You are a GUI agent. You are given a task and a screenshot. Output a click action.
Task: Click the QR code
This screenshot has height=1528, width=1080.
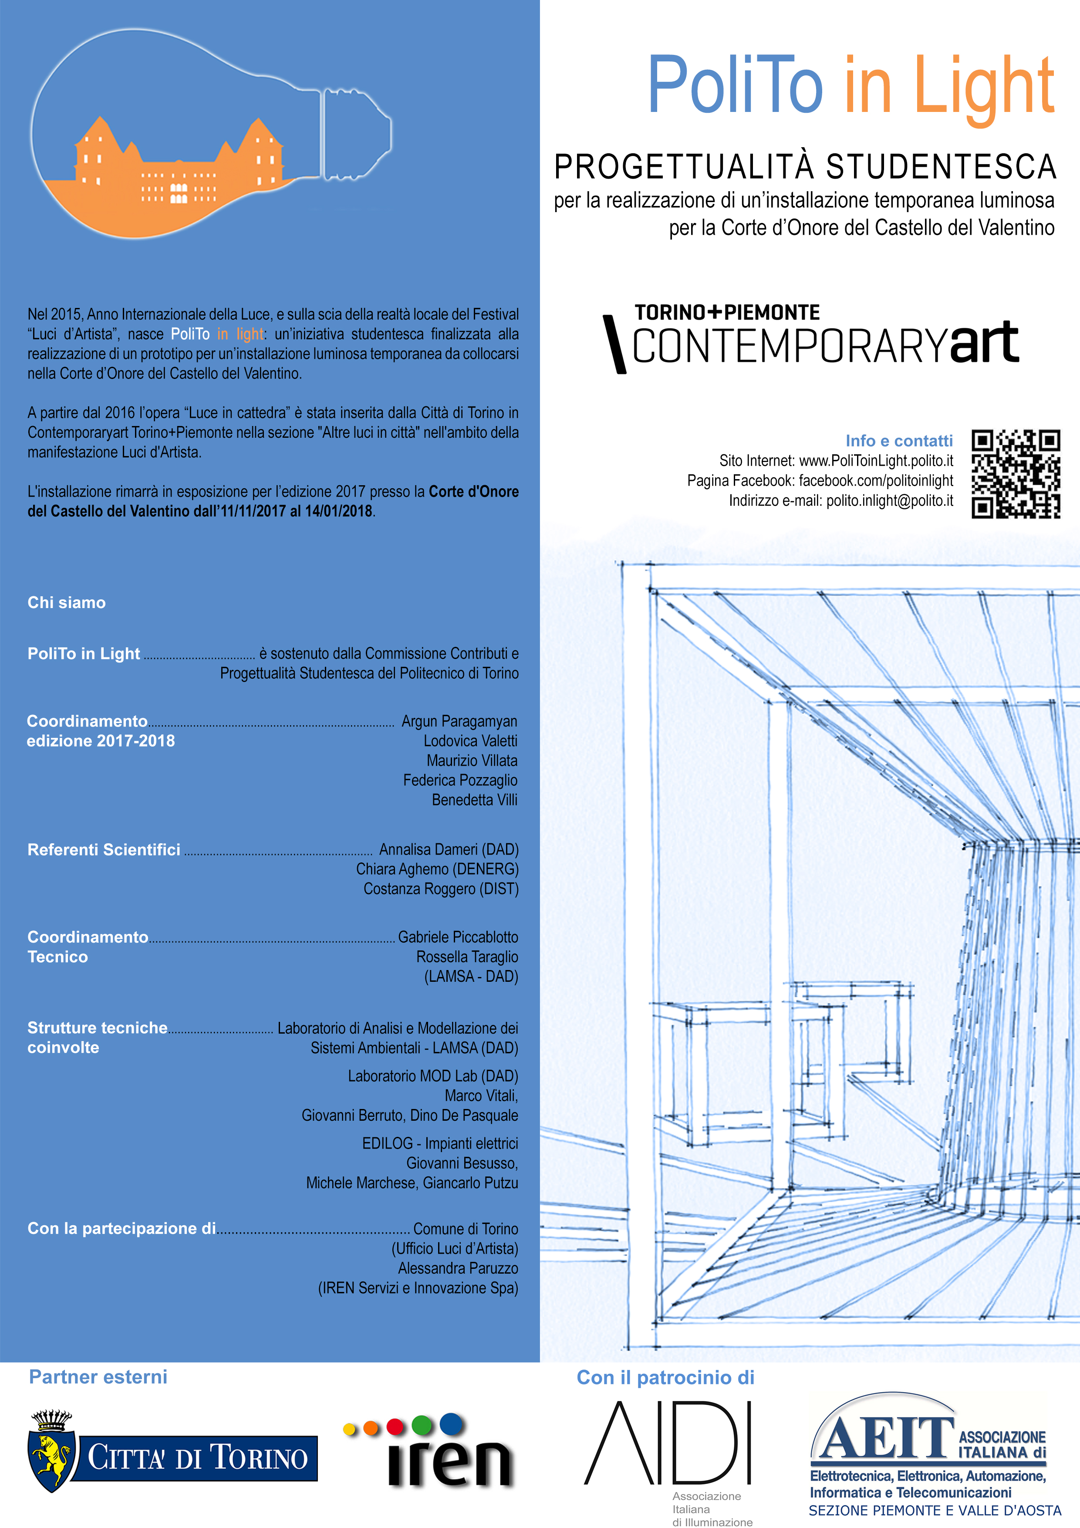(x=1016, y=474)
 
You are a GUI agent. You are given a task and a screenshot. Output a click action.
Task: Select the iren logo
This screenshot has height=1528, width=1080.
(x=430, y=1451)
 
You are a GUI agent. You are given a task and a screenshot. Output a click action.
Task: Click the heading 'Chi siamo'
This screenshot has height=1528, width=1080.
(x=67, y=603)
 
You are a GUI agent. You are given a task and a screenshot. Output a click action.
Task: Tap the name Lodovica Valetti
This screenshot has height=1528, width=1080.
(x=470, y=741)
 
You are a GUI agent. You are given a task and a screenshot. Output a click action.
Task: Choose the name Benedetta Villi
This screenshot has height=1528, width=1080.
(x=474, y=800)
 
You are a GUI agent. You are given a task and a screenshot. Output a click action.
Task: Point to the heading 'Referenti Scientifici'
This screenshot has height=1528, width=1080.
(x=104, y=850)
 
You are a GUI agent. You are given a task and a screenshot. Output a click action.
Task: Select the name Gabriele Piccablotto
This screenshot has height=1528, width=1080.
(x=458, y=937)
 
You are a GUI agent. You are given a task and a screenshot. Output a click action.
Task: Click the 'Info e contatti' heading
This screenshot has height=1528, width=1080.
(x=898, y=440)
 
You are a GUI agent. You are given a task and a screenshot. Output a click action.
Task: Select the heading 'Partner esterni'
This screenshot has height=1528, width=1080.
(x=98, y=1377)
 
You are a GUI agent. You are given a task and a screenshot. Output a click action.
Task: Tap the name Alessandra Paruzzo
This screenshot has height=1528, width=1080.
(x=458, y=1268)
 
